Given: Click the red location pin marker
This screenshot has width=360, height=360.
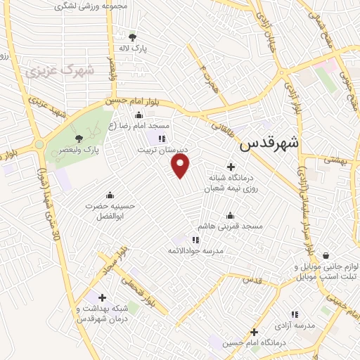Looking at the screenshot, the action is [x=181, y=167].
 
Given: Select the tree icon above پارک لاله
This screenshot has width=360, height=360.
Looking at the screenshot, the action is [x=133, y=37].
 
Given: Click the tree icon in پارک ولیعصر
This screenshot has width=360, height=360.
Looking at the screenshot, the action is [x=79, y=139].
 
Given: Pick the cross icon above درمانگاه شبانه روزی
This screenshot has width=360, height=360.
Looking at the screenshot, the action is [x=231, y=165].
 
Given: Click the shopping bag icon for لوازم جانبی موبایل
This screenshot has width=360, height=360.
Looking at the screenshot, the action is [x=326, y=256].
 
